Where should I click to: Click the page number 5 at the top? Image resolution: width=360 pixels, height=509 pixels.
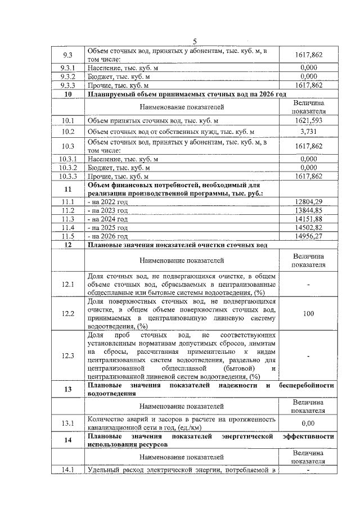[195, 41]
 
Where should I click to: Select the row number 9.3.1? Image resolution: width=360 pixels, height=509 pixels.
[67, 67]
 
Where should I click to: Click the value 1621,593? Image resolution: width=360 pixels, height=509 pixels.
[308, 121]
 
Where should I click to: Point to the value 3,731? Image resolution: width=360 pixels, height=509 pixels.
[308, 132]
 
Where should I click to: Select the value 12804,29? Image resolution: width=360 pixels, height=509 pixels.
[308, 202]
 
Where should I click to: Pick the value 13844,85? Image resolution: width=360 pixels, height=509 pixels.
[308, 210]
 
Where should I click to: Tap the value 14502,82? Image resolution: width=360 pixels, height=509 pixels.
[308, 228]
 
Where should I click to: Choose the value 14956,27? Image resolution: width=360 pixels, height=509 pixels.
[308, 237]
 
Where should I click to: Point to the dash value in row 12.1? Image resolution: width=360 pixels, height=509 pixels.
[308, 285]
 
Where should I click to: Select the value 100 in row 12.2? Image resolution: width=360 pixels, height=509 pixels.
[308, 314]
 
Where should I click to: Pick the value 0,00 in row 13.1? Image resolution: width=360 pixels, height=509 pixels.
[308, 423]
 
